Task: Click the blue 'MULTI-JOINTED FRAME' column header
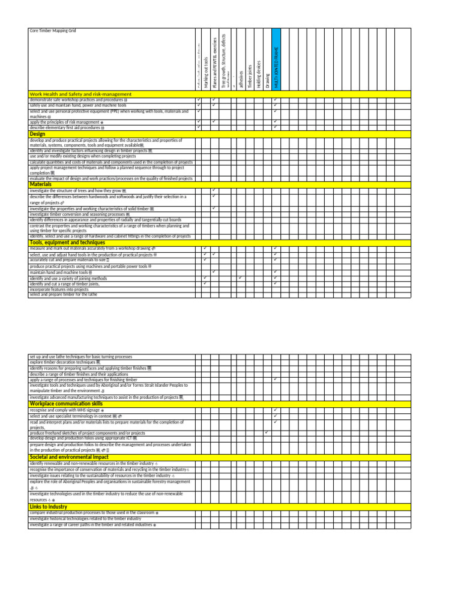276,63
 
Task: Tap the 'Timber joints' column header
250,77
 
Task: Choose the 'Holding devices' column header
259,74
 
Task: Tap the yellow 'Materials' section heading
40,184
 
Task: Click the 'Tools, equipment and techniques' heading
63,243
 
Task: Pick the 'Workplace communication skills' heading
66,404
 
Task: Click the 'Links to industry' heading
48,507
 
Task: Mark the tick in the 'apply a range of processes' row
275,380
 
